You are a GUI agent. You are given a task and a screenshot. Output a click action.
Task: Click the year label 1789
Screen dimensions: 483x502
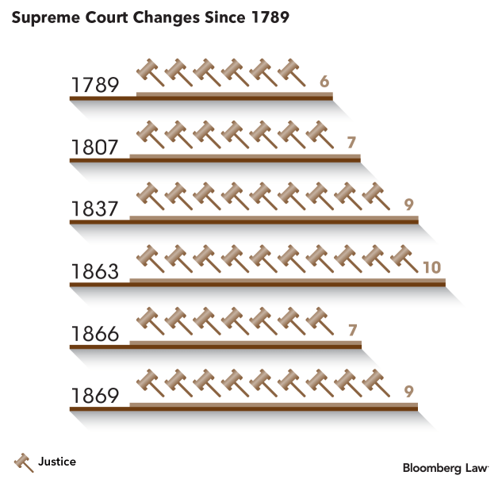[x=94, y=85]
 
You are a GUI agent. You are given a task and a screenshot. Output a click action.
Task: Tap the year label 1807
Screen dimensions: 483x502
[x=94, y=148]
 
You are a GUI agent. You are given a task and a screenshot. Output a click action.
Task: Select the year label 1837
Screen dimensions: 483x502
[x=94, y=209]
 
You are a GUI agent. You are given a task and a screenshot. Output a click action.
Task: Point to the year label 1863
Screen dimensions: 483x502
[x=94, y=272]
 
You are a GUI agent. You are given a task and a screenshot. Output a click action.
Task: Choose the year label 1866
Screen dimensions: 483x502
[x=94, y=334]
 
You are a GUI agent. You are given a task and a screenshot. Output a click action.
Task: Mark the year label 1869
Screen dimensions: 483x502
[x=94, y=396]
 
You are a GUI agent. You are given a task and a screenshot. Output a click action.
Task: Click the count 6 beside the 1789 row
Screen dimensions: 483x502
[x=324, y=81]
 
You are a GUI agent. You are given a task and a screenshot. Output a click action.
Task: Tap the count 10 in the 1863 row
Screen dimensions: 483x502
[x=431, y=267]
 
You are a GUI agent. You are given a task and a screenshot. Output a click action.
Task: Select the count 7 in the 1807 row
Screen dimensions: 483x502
[x=352, y=143]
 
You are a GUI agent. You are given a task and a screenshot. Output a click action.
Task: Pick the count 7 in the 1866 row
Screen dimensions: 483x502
[x=352, y=329]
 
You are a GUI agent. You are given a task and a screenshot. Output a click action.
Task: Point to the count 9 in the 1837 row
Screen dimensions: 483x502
[x=409, y=205]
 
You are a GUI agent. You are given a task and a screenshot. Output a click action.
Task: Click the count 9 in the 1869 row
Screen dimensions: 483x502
[x=409, y=391]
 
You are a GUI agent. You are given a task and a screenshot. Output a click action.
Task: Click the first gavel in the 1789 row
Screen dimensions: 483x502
[x=150, y=72]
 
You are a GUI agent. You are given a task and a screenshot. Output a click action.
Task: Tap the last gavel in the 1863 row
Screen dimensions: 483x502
[x=405, y=258]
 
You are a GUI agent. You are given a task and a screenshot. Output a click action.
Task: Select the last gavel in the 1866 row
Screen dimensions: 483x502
[x=320, y=320]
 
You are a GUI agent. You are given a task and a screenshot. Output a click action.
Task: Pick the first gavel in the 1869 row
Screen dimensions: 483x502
[x=150, y=381]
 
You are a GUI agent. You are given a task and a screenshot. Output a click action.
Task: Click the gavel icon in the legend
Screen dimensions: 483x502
[x=23, y=462]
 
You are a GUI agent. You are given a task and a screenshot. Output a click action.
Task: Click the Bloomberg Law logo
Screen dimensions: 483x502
[x=445, y=468]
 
